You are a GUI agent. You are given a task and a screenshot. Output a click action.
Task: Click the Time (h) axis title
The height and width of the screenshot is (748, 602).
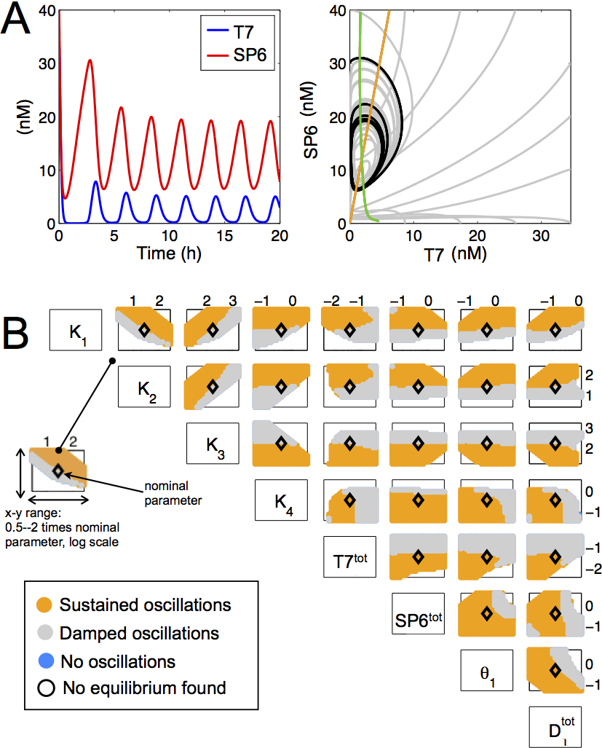(x=169, y=254)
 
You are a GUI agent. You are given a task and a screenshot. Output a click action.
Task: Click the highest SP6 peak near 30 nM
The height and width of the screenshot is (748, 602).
(x=90, y=60)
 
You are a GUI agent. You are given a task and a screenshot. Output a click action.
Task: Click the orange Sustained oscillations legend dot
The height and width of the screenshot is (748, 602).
(x=45, y=605)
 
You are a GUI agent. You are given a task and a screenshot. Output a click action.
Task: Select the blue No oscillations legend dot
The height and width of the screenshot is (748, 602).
(x=45, y=661)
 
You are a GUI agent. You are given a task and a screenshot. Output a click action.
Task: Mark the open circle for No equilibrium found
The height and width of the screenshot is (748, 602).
(x=45, y=688)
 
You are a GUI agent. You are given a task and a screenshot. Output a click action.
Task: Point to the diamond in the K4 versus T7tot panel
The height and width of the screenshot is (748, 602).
(x=349, y=500)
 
